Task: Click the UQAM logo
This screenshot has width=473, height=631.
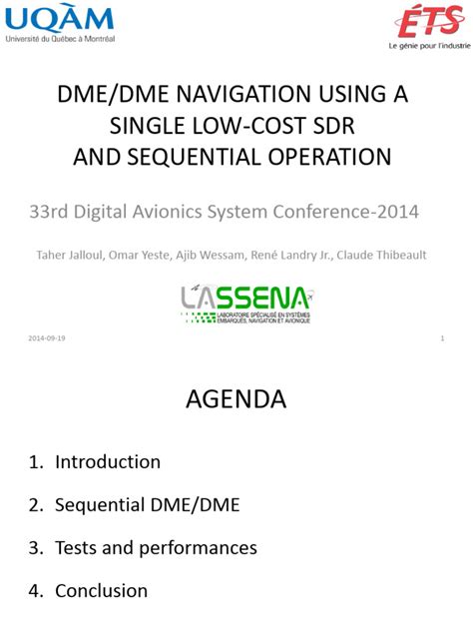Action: [60, 21]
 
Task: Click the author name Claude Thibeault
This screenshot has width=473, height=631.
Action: [382, 255]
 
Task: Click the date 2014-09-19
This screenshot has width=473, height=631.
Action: [47, 338]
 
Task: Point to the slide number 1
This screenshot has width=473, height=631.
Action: [441, 338]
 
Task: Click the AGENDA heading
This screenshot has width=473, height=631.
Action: [236, 399]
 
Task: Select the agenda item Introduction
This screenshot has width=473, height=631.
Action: [107, 461]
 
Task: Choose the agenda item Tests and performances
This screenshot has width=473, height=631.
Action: [156, 547]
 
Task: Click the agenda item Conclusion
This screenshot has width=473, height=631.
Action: [101, 590]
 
